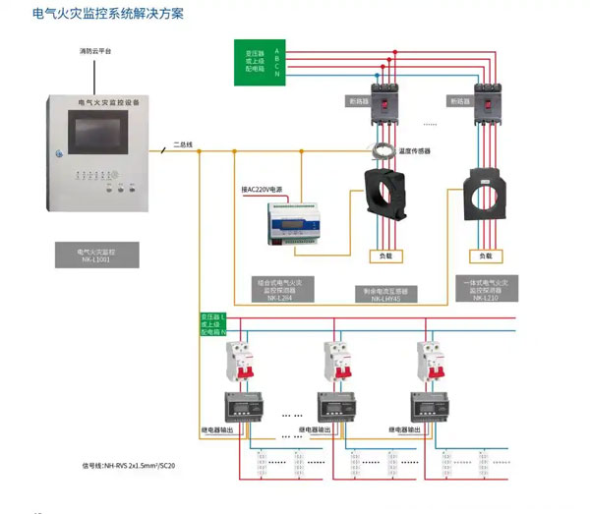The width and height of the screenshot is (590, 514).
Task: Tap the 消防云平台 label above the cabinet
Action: (x=95, y=50)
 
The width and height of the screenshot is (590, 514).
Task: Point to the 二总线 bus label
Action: (x=183, y=144)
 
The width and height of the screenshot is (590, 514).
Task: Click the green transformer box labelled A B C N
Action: (x=261, y=59)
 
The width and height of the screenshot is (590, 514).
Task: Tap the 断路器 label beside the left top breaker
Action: (x=358, y=99)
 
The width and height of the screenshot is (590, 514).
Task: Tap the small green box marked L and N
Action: (x=213, y=324)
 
